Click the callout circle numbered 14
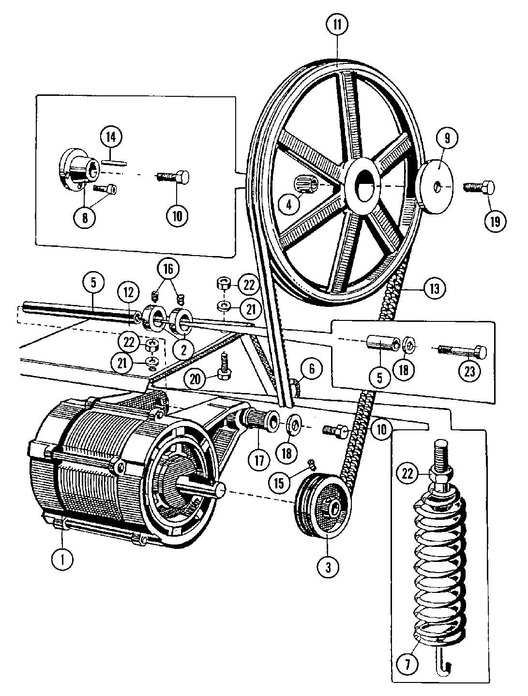tap(111, 137)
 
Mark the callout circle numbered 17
tap(259, 459)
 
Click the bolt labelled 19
tap(479, 186)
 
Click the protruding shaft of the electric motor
tap(211, 490)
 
